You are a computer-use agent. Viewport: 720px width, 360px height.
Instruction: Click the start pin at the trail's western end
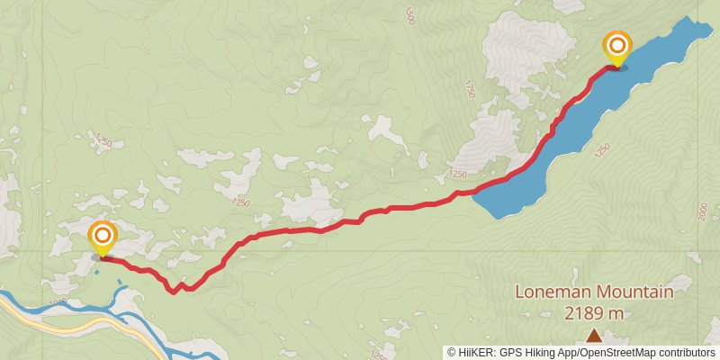pyautogui.click(x=103, y=237)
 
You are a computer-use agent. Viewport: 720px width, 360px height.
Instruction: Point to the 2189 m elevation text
pyautogui.click(x=594, y=313)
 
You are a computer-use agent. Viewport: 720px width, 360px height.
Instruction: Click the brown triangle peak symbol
pyautogui.click(x=594, y=336)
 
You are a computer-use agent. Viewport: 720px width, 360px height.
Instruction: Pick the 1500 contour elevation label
pyautogui.click(x=411, y=16)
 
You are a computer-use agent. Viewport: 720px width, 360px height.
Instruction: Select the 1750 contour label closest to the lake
pyautogui.click(x=469, y=88)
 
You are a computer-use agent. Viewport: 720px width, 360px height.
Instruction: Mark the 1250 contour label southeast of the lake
pyautogui.click(x=600, y=149)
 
